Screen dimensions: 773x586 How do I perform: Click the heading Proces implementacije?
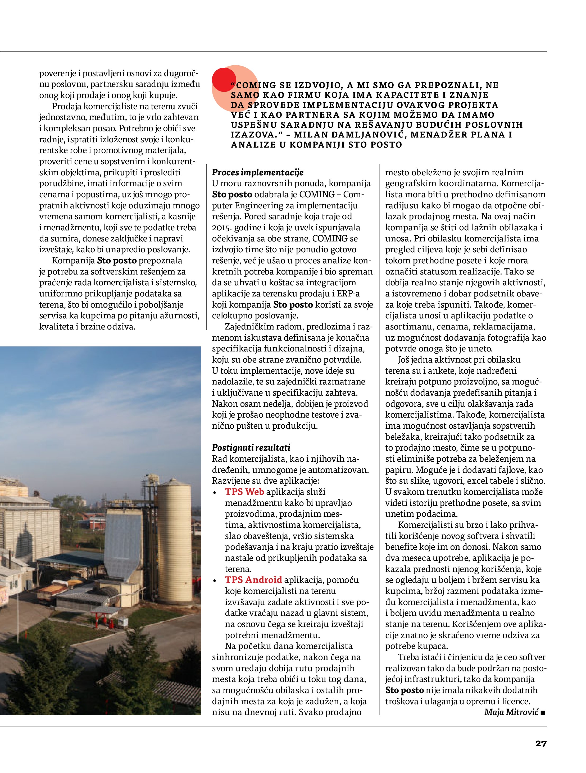click(258, 172)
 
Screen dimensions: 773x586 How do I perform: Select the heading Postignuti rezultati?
click(251, 448)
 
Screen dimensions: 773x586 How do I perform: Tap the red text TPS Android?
click(253, 580)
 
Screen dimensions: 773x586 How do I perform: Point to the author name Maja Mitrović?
click(511, 712)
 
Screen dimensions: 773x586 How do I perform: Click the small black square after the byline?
click(543, 712)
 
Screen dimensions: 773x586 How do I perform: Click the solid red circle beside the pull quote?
click(224, 80)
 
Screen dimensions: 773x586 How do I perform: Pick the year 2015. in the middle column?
click(222, 227)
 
